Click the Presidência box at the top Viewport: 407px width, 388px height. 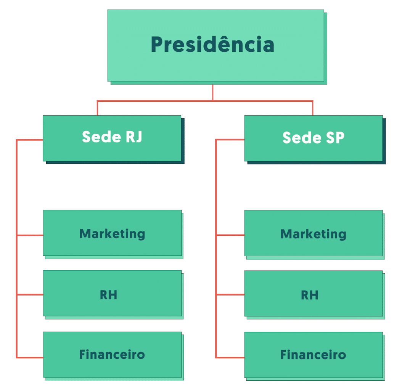pos(216,45)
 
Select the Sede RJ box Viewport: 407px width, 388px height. pos(112,138)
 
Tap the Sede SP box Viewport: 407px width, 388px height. pos(313,138)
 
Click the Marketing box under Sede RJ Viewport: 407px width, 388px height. pos(112,233)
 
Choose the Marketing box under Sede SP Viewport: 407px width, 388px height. pos(313,233)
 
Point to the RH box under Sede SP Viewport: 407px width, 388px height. pos(313,294)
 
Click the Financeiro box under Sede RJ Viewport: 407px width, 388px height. pos(112,354)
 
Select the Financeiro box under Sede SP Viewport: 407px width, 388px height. pos(313,354)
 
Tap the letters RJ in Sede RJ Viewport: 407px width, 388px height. pos(134,137)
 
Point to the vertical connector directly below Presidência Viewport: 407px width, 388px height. pos(212,92)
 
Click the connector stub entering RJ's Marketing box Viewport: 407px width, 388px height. pos(30,235)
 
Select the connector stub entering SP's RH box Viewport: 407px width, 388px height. pos(230,295)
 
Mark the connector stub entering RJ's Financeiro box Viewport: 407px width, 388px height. pos(30,358)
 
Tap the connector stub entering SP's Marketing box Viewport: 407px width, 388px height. pos(230,235)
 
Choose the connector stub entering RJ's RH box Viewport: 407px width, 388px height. pos(30,295)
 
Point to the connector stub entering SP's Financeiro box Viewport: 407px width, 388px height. pos(230,358)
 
